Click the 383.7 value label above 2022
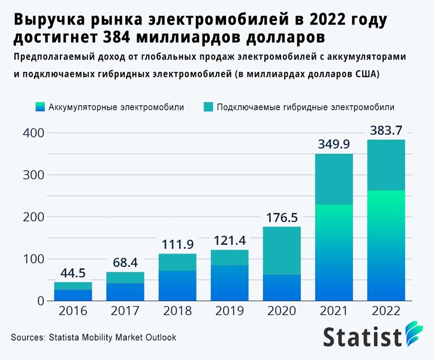pyautogui.click(x=385, y=129)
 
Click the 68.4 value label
pyautogui.click(x=125, y=262)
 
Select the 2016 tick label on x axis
pyautogui.click(x=73, y=311)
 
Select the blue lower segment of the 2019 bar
pyautogui.click(x=230, y=283)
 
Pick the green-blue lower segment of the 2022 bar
pyautogui.click(x=385, y=245)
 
